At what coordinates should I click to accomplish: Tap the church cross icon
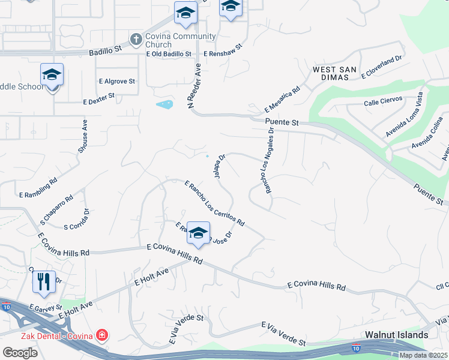tap(136, 40)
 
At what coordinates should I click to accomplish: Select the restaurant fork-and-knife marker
tap(44, 281)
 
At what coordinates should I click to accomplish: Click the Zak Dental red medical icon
tap(103, 335)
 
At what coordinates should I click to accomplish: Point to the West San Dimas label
tap(335, 74)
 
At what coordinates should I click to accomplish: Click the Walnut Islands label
tap(397, 335)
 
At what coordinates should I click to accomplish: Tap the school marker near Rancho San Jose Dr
tap(198, 233)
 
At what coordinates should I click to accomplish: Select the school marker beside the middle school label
tap(52, 75)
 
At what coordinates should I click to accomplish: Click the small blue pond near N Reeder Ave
tap(164, 105)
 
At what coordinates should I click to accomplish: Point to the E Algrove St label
tap(118, 80)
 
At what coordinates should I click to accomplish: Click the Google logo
tap(20, 353)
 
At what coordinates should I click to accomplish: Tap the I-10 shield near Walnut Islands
tap(355, 347)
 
